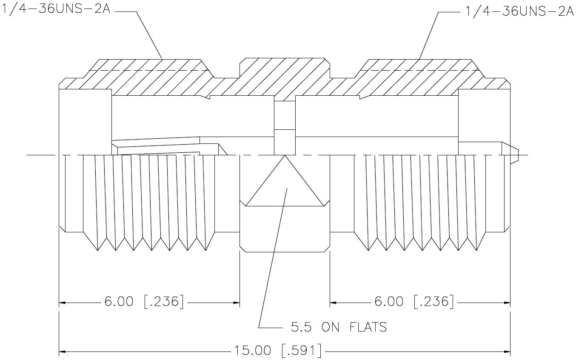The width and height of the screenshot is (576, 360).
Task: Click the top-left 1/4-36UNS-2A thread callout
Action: tap(57, 9)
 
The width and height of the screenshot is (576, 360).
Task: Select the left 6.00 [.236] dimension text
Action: tap(144, 301)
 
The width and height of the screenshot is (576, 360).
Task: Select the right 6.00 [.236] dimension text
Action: tap(414, 301)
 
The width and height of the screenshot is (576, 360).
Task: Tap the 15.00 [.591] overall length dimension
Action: tap(278, 351)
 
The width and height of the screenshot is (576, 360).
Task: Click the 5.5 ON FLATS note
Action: tap(339, 327)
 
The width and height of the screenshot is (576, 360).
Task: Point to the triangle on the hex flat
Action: tap(285, 181)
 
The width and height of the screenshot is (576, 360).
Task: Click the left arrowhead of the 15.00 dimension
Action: tap(62, 351)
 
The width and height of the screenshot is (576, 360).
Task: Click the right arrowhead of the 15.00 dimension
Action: tap(507, 351)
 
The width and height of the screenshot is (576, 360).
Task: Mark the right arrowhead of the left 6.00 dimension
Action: tap(237, 303)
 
